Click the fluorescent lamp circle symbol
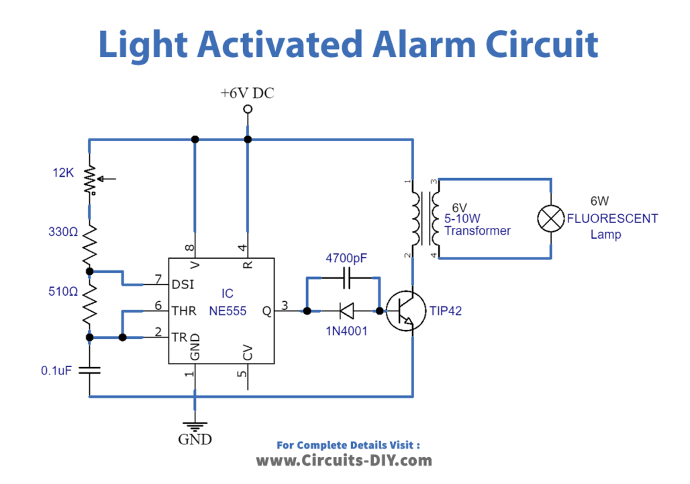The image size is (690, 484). [x=551, y=218]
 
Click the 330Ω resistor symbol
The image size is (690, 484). [x=89, y=246]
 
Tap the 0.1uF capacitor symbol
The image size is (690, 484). [x=89, y=369]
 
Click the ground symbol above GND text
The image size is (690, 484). [x=195, y=425]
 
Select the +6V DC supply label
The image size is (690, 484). [x=247, y=93]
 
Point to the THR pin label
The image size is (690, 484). [x=183, y=311]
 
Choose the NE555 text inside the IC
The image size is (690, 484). [x=232, y=312]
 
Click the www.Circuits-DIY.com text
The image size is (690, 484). [x=344, y=460]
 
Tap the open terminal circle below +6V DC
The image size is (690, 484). [x=247, y=109]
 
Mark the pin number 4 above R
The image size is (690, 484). [x=243, y=247]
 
